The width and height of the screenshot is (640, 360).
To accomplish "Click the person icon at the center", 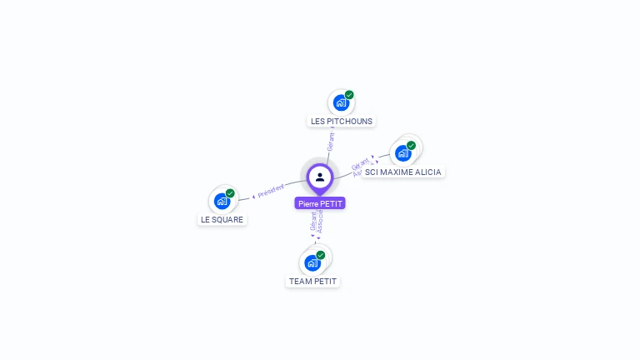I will [320, 177].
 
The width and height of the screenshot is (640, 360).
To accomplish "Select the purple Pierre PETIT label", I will [320, 203].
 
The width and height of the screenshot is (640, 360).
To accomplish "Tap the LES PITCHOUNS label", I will [342, 121].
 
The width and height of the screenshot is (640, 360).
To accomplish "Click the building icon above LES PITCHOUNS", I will [340, 102].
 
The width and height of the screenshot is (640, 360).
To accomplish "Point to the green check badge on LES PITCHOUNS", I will [349, 95].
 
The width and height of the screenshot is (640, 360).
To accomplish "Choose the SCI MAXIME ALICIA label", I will [403, 172].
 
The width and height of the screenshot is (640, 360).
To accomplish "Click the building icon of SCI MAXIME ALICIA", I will [402, 153].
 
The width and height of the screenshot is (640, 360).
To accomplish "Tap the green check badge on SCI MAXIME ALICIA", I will [411, 145].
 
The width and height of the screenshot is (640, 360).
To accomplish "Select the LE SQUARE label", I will [222, 220].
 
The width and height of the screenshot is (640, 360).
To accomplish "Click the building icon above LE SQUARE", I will [221, 201].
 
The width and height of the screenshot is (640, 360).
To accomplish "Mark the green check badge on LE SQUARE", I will [230, 193].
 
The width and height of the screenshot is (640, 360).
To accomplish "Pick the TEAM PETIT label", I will [312, 282].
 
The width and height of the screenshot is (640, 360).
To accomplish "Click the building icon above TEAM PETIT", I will [312, 263].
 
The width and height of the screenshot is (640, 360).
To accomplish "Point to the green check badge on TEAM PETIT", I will [321, 255].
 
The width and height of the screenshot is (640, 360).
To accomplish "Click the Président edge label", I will [271, 190].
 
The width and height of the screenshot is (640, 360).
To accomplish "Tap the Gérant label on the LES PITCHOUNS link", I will [331, 141].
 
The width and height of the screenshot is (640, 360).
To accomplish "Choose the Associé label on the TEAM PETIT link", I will [321, 221].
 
